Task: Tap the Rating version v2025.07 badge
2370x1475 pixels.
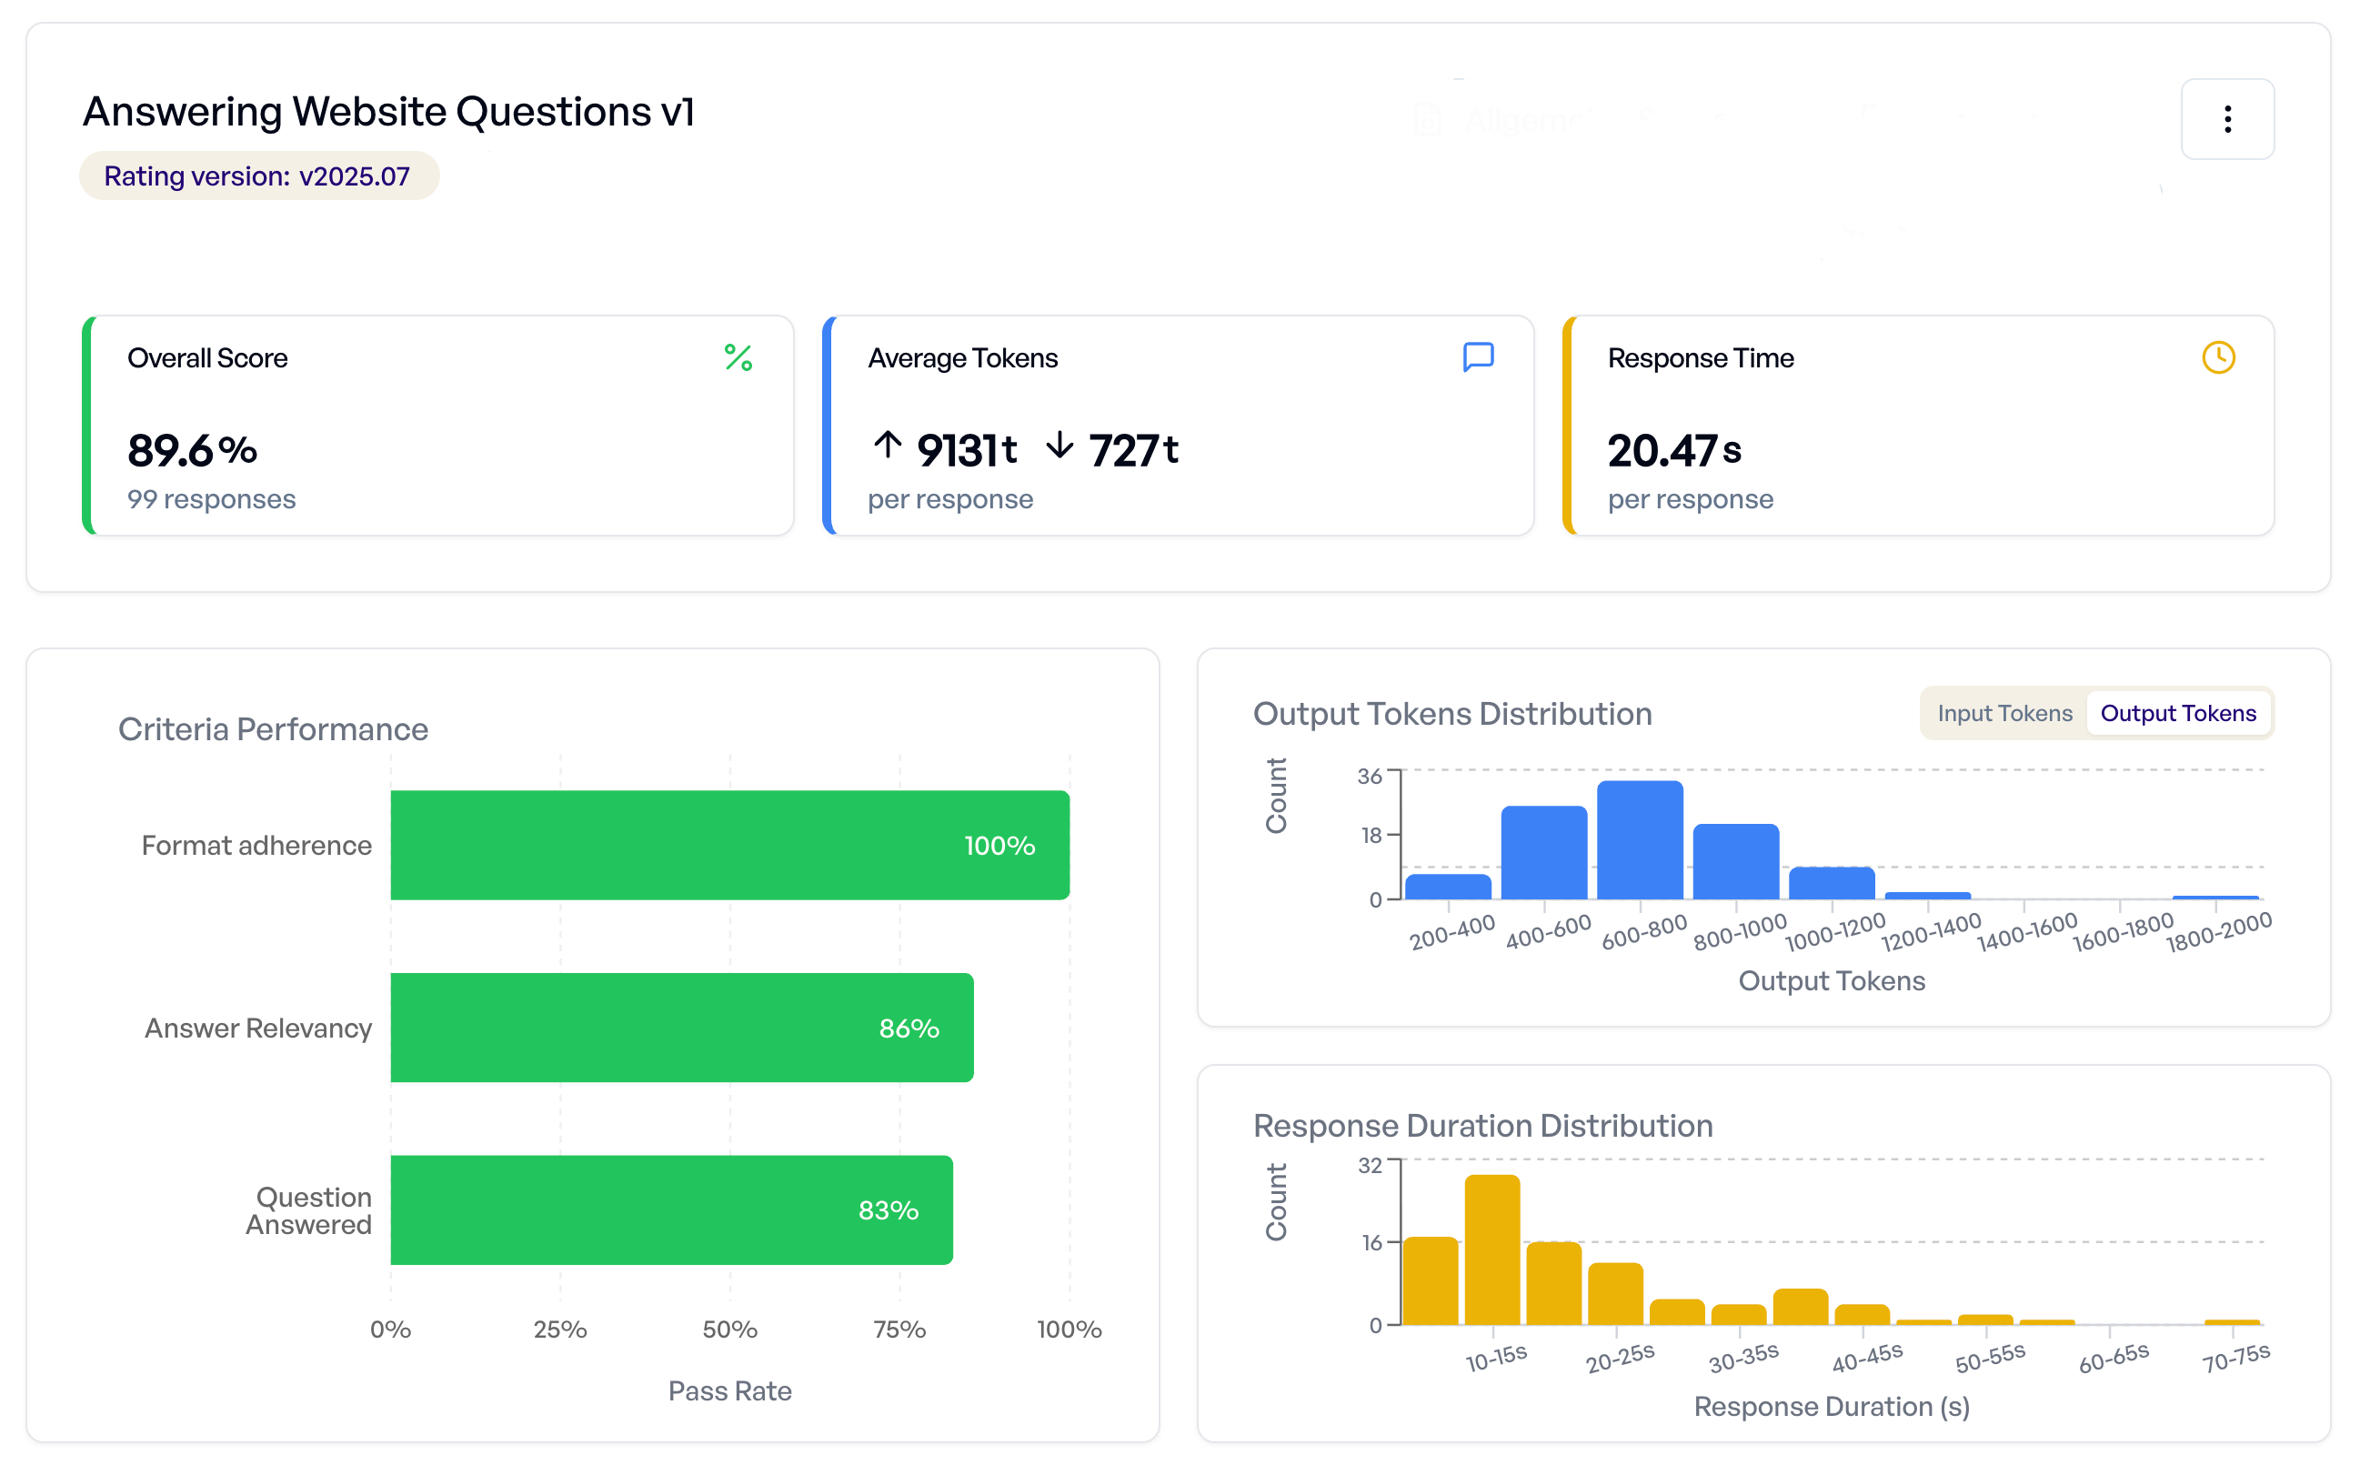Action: [x=259, y=176]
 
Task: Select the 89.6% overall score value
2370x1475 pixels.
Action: [x=193, y=452]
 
